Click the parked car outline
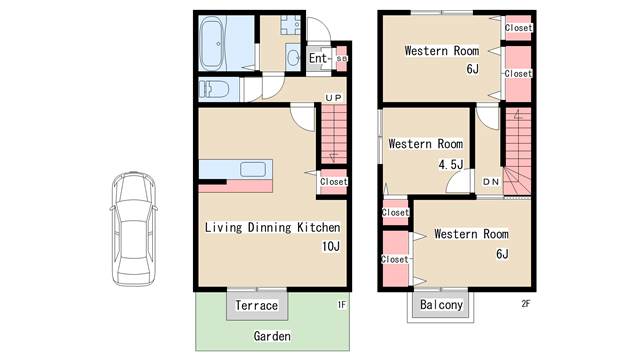[x=134, y=229]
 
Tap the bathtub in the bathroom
[x=213, y=43]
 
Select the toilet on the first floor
[x=214, y=89]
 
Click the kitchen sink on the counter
[x=253, y=169]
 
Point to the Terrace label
[x=257, y=305]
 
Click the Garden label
[x=272, y=336]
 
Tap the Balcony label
[x=441, y=304]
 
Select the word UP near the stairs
[x=333, y=98]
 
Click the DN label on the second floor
[x=491, y=182]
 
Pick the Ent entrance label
[x=318, y=58]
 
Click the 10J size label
[x=331, y=246]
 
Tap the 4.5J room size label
[x=451, y=164]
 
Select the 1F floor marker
[x=342, y=304]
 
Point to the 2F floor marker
[x=526, y=303]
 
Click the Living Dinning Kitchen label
[x=272, y=227]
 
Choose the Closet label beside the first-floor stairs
[x=334, y=182]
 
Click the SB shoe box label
[x=342, y=58]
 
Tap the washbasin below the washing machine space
[x=293, y=57]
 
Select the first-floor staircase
[x=334, y=133]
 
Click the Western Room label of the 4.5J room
[x=426, y=144]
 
